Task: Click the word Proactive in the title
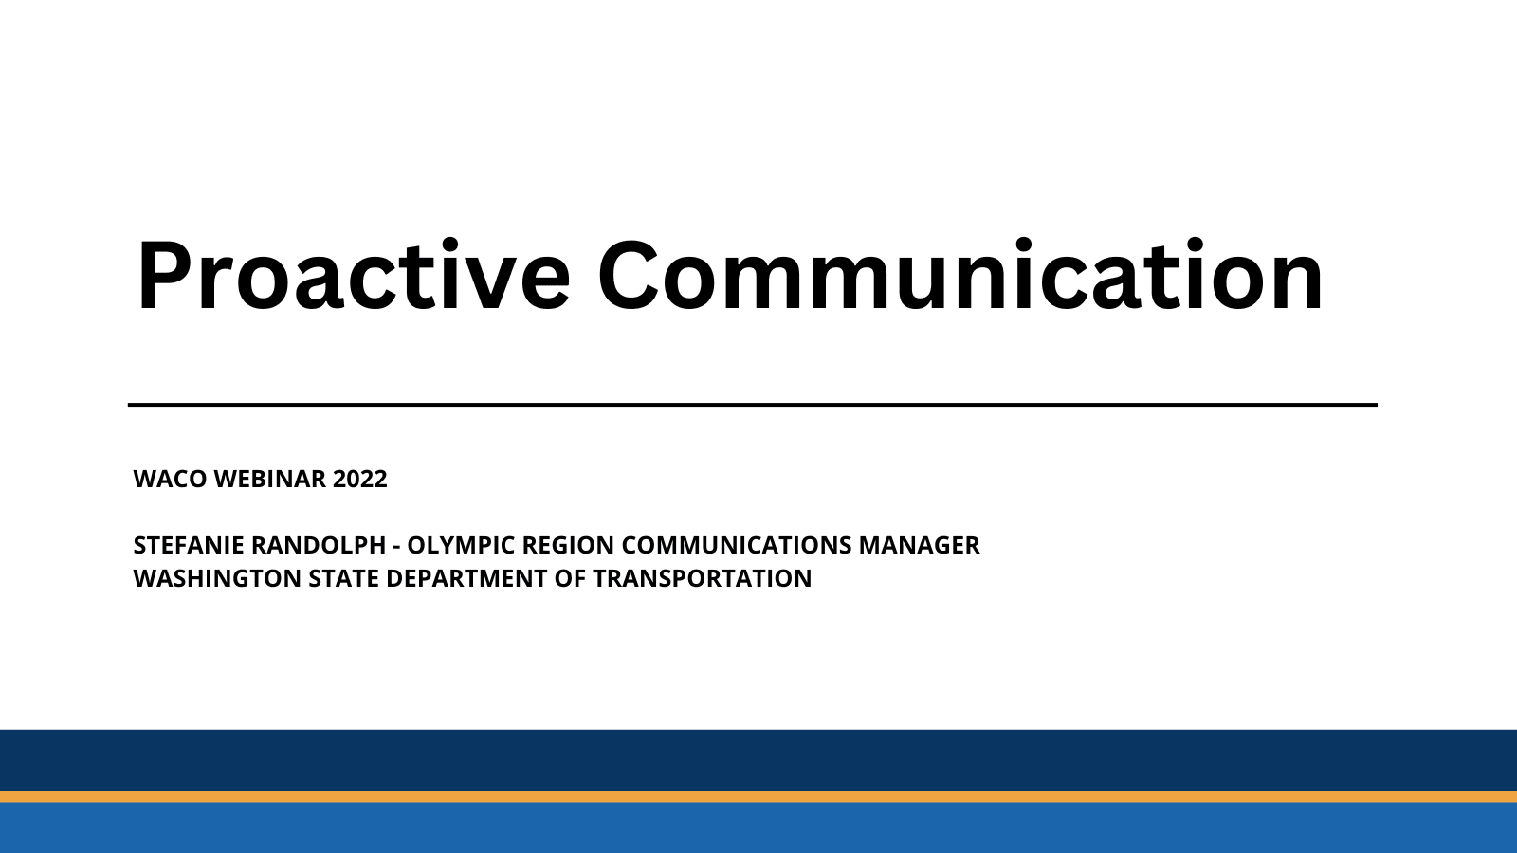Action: (x=353, y=276)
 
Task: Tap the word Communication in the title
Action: (x=960, y=276)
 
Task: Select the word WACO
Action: (x=170, y=479)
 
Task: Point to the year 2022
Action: (x=360, y=479)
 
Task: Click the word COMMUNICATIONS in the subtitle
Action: (x=737, y=545)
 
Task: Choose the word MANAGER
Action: (x=919, y=545)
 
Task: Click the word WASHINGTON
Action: (x=217, y=578)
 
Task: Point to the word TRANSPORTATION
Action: (x=702, y=578)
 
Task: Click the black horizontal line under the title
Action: (x=752, y=405)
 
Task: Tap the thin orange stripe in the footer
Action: (x=758, y=797)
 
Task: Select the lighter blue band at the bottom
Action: (x=758, y=828)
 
